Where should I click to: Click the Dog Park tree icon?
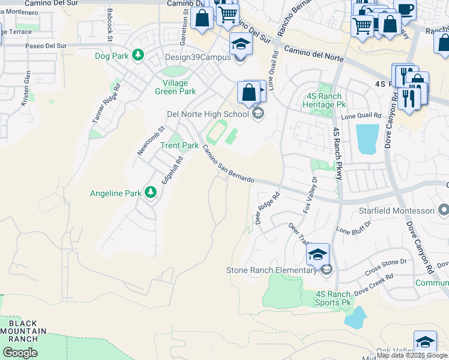pyautogui.click(x=139, y=55)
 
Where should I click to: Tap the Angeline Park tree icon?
pyautogui.click(x=150, y=193)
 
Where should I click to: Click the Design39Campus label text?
pyautogui.click(x=198, y=58)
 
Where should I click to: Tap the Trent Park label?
pyautogui.click(x=179, y=145)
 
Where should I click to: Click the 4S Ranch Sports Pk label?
pyautogui.click(x=333, y=298)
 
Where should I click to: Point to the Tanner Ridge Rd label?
pyautogui.click(x=106, y=103)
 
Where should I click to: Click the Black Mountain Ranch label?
pyautogui.click(x=23, y=331)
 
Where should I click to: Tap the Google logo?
pyautogui.click(x=20, y=353)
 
